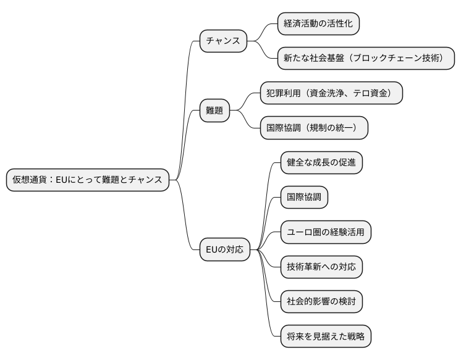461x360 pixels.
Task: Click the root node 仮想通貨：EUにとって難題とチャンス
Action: (87, 180)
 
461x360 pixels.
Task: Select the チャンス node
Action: (223, 41)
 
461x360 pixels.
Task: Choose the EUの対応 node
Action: (226, 250)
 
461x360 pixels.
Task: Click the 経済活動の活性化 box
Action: (318, 24)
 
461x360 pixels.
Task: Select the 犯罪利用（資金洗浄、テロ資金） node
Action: (330, 93)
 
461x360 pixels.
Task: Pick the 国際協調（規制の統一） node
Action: (313, 128)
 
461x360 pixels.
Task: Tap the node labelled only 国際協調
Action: (304, 198)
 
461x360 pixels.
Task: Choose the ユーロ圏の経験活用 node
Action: (326, 232)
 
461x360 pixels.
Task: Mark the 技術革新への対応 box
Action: (321, 267)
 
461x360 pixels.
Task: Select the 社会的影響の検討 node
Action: (321, 302)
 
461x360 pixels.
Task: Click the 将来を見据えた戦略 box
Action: (325, 337)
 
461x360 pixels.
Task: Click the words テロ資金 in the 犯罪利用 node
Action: (374, 93)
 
